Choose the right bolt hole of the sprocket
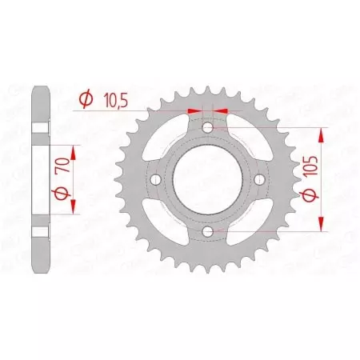[x=259, y=180]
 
